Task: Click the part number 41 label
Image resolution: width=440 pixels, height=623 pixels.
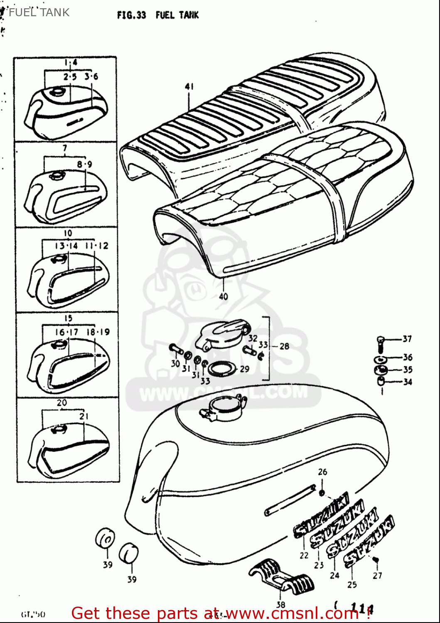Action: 189,86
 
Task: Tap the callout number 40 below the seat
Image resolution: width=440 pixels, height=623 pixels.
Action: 223,296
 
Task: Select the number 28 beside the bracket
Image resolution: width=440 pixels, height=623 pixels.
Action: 284,346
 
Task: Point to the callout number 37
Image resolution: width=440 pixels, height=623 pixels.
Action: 407,339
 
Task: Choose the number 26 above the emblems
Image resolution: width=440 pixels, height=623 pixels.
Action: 322,472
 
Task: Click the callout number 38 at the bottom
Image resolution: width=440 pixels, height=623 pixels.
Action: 280,605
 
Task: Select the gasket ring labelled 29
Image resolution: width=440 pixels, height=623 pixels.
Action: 220,368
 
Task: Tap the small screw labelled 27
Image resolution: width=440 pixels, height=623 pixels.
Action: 376,560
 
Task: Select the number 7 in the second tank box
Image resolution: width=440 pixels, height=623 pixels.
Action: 65,148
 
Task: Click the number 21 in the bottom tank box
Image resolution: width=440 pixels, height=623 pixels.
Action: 84,416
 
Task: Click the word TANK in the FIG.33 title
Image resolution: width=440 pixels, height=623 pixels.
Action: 189,15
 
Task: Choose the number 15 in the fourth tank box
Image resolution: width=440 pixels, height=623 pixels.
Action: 69,318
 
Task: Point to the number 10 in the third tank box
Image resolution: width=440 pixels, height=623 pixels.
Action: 68,233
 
